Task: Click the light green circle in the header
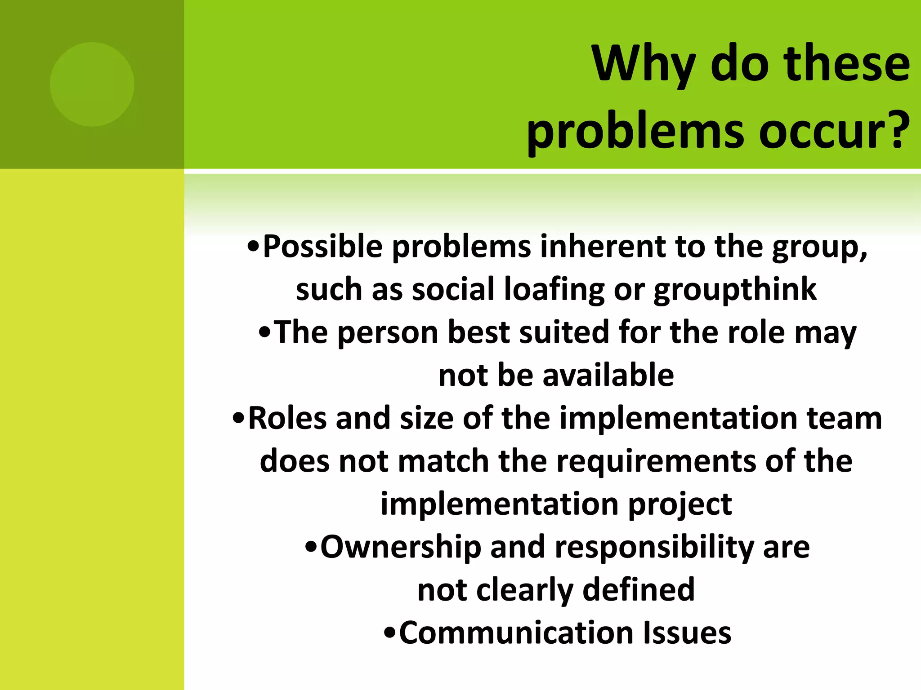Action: coord(92,84)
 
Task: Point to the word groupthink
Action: coord(735,290)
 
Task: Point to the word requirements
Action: coord(657,462)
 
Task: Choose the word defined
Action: coord(639,590)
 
